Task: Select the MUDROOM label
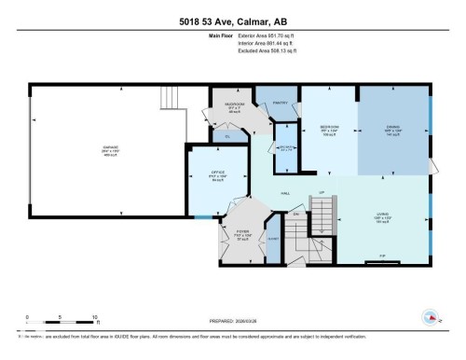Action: (x=233, y=104)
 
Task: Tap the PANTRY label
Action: (x=279, y=103)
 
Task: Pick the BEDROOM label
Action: (x=327, y=126)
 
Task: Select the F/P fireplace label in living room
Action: (x=382, y=255)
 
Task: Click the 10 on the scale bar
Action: (x=94, y=318)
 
